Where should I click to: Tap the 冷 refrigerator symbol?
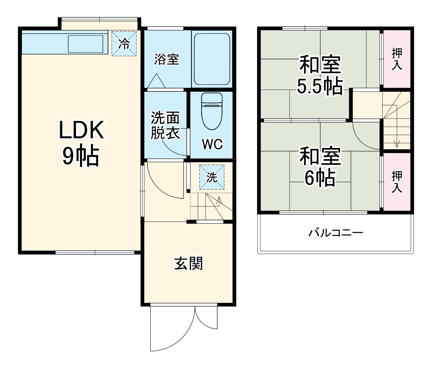pos(124,44)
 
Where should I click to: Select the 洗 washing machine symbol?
pos(212,177)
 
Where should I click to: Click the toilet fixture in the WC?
pos(212,111)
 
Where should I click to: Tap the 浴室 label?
pos(167,59)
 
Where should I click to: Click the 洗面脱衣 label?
pos(165,125)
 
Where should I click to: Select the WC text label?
pos(212,144)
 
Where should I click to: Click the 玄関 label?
pos(189,264)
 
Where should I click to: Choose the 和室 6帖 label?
pos(320,167)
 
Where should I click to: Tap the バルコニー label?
pos(336,232)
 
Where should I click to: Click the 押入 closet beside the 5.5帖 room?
pos(397,59)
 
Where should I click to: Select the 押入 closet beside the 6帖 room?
pos(397,182)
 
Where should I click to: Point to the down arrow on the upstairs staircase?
pos(397,143)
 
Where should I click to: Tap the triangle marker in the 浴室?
pos(157,81)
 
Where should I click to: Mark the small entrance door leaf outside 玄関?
pos(206,318)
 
